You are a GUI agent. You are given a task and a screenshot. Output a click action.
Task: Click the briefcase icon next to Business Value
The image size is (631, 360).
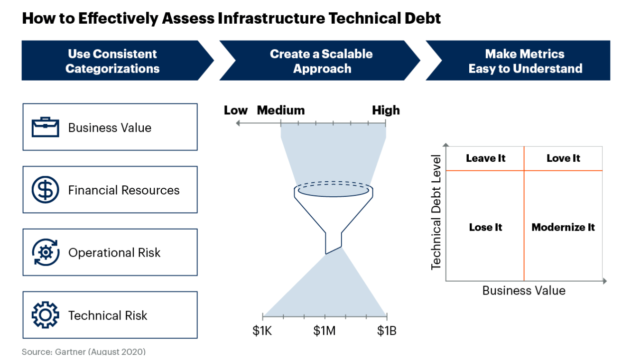point(45,128)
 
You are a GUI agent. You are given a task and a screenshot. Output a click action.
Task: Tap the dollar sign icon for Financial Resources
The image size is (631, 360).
point(45,190)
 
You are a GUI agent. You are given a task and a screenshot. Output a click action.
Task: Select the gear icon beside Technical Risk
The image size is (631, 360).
point(45,315)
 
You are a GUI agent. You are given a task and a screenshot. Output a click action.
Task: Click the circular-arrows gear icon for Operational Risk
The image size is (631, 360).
point(45,252)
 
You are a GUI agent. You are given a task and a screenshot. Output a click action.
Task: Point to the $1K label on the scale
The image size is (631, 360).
point(262,331)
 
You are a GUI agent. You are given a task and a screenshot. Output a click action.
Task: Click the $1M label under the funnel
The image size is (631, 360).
point(325,331)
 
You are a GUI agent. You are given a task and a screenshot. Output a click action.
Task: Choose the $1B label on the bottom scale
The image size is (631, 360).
point(386,331)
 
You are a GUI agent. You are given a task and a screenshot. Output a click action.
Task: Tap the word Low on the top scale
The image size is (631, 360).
point(236,111)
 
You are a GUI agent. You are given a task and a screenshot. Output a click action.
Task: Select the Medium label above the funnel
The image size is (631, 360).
point(281,111)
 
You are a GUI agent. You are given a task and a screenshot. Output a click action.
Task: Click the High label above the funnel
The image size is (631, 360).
point(386,111)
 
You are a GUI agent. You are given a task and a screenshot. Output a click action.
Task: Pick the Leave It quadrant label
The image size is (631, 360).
point(485,158)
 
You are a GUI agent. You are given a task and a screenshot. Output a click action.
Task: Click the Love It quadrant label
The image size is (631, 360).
point(563,158)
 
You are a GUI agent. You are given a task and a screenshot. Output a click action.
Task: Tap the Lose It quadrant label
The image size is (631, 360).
point(485,227)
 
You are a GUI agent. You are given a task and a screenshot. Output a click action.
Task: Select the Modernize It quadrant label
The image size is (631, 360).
point(563,227)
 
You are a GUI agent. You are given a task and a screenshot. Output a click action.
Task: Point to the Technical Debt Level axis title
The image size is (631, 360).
point(436,212)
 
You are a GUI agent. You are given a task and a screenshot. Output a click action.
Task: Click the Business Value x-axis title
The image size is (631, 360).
point(524,290)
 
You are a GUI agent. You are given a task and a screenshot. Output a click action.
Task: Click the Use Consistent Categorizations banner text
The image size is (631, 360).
point(112,61)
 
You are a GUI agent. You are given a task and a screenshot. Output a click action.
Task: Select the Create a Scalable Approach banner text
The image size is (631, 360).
point(321,61)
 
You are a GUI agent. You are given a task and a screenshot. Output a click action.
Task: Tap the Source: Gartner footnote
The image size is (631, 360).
point(84,352)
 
